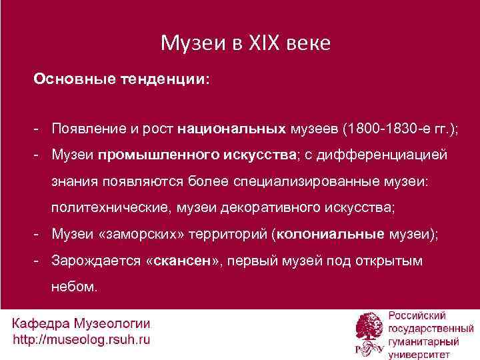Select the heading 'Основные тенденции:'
[122, 79]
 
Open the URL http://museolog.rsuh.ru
[81, 340]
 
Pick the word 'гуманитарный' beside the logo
[423, 340]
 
